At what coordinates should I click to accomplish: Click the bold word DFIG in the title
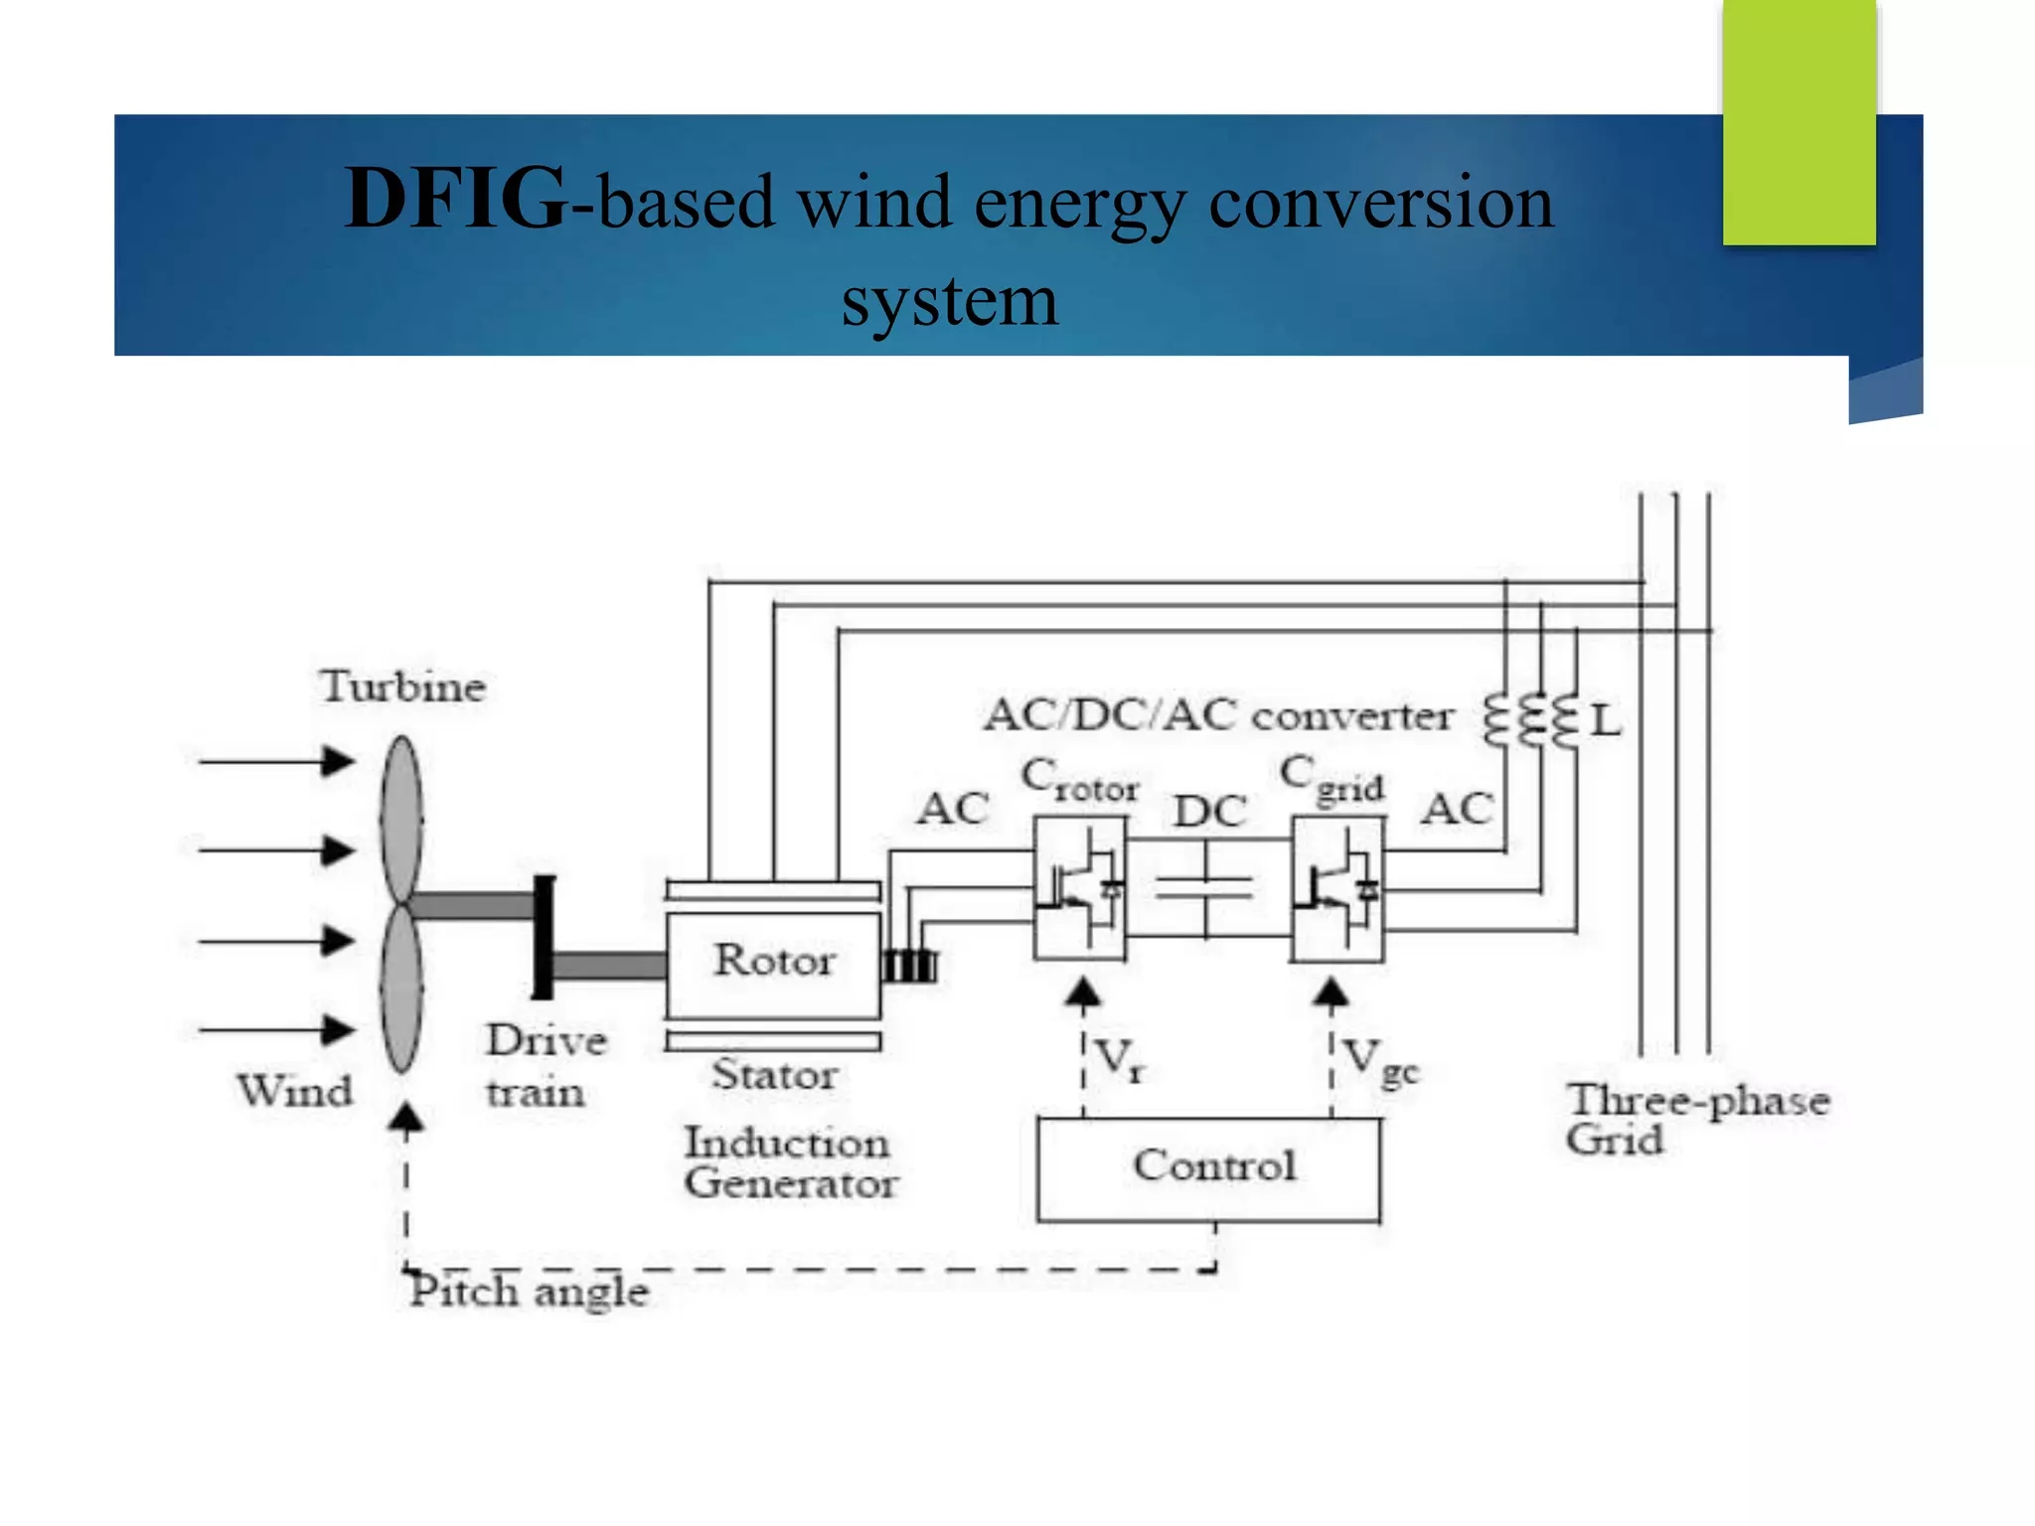tap(456, 200)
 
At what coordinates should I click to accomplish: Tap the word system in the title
tap(949, 301)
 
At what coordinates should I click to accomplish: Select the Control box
tap(1208, 1168)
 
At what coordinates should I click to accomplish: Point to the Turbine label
tap(402, 687)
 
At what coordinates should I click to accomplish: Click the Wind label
tap(294, 1091)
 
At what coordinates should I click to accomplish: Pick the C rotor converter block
tap(1080, 888)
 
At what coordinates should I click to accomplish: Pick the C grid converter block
tap(1336, 888)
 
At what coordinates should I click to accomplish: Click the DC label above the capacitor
tap(1209, 812)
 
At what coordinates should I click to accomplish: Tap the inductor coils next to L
tap(1531, 720)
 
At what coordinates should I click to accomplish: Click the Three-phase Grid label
tap(1695, 1119)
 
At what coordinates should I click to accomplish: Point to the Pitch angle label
tap(529, 1292)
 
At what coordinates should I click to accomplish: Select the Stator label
tap(774, 1075)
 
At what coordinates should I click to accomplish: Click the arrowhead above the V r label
tap(1083, 993)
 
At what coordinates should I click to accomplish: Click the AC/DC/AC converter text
tap(1217, 715)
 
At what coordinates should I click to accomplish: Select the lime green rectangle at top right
tap(1799, 121)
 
